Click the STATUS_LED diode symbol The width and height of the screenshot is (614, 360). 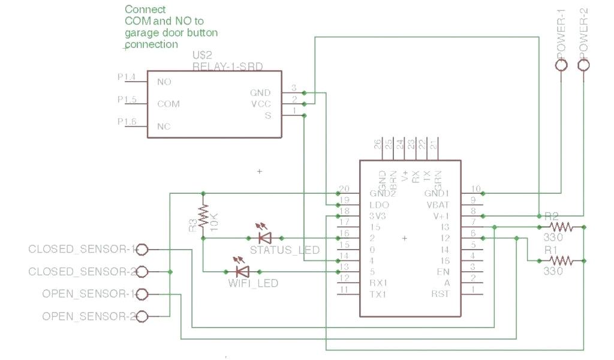click(263, 238)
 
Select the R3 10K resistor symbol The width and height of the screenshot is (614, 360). click(203, 215)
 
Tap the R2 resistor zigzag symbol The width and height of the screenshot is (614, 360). click(562, 227)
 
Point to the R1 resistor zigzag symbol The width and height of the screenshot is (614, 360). click(562, 260)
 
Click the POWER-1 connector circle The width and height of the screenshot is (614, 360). click(561, 65)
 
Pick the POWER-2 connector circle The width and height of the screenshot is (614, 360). click(583, 65)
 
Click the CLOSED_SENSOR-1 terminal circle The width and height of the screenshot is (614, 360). click(143, 248)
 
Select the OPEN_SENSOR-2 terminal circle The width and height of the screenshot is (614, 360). click(143, 316)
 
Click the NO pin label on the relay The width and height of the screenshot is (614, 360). click(164, 82)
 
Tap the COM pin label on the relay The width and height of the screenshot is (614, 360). click(168, 104)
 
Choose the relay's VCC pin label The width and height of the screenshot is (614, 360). click(261, 104)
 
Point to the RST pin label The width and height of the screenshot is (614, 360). click(440, 294)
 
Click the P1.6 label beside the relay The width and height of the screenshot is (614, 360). click(127, 122)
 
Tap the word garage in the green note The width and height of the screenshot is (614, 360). click(139, 33)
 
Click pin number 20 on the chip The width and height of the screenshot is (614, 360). click(344, 189)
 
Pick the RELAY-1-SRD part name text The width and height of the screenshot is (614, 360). click(227, 65)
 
